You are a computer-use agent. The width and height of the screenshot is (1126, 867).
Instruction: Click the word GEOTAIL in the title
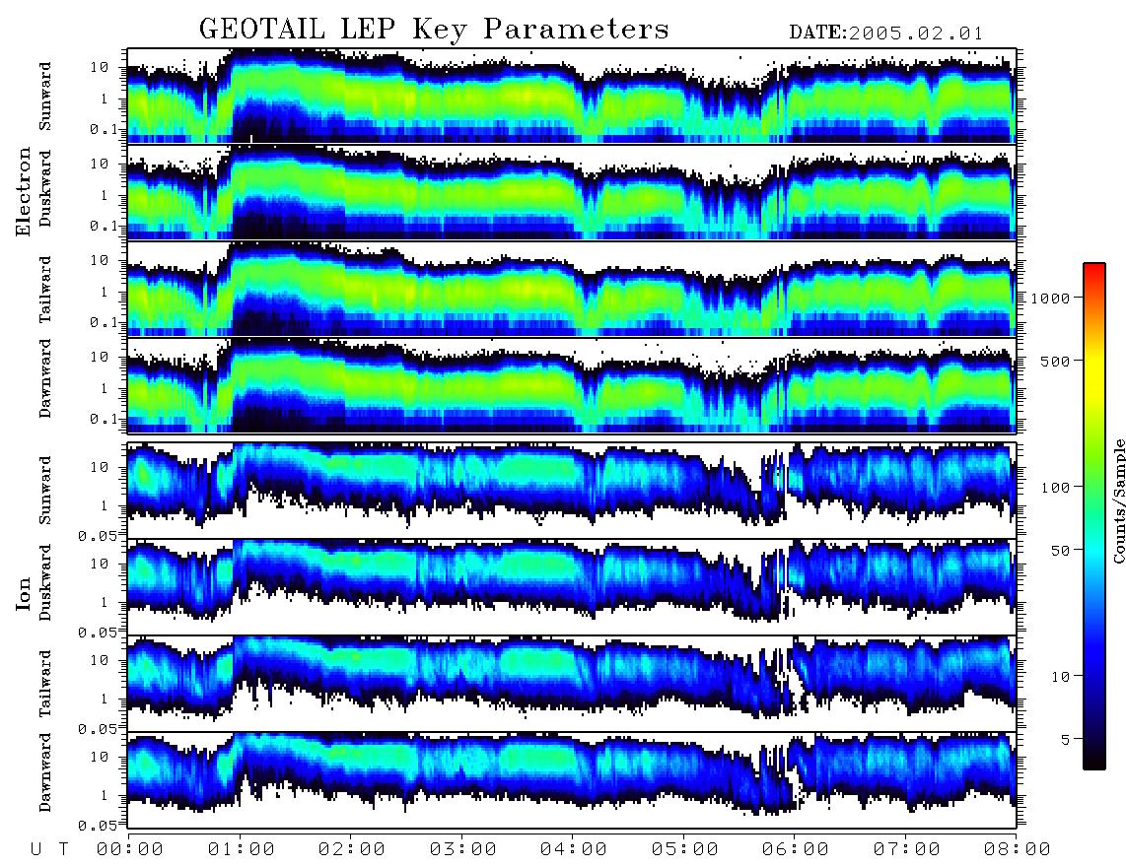point(262,30)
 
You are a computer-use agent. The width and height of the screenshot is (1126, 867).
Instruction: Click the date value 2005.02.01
point(916,33)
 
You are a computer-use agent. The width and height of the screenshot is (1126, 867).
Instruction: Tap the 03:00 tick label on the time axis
point(463,849)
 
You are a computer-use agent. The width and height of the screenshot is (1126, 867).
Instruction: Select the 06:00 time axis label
point(796,849)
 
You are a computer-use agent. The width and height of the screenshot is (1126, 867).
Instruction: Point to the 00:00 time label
point(130,849)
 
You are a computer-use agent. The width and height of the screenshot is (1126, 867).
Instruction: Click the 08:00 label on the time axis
point(1018,849)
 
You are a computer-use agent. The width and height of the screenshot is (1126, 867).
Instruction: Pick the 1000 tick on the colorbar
point(1050,298)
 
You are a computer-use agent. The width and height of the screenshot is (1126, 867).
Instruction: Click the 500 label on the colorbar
point(1055,361)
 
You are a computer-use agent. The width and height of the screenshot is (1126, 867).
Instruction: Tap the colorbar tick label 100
point(1055,488)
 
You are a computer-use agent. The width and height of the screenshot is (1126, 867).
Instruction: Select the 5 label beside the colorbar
point(1065,740)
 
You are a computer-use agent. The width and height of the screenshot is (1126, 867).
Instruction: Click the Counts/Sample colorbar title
point(1118,500)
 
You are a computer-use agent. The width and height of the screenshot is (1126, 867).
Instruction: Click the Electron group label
point(24,192)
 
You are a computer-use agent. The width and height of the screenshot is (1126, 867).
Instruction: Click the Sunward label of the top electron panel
point(45,97)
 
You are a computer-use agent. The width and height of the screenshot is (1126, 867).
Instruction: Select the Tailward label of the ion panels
point(45,684)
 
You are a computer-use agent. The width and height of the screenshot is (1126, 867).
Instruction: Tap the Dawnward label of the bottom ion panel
point(45,771)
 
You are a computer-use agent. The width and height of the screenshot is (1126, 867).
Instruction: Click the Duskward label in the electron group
point(45,188)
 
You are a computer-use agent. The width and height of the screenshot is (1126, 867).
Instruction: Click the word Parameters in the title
point(576,30)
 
